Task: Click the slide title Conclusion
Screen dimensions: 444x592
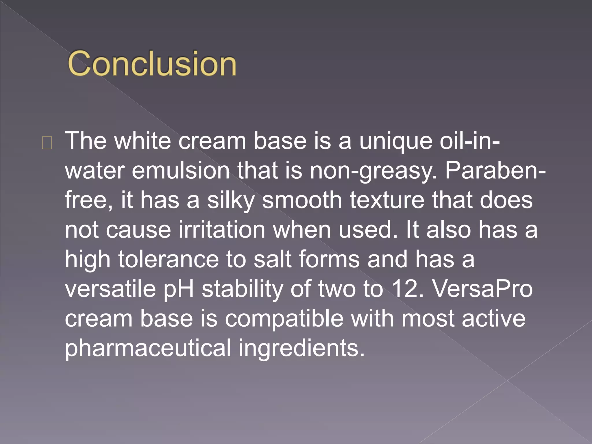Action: click(152, 63)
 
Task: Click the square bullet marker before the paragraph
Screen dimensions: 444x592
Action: click(47, 143)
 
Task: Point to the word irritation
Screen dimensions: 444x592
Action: click(222, 230)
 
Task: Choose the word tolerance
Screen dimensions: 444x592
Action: click(169, 259)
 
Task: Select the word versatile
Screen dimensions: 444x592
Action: click(110, 289)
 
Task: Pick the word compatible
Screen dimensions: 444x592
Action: click(284, 319)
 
